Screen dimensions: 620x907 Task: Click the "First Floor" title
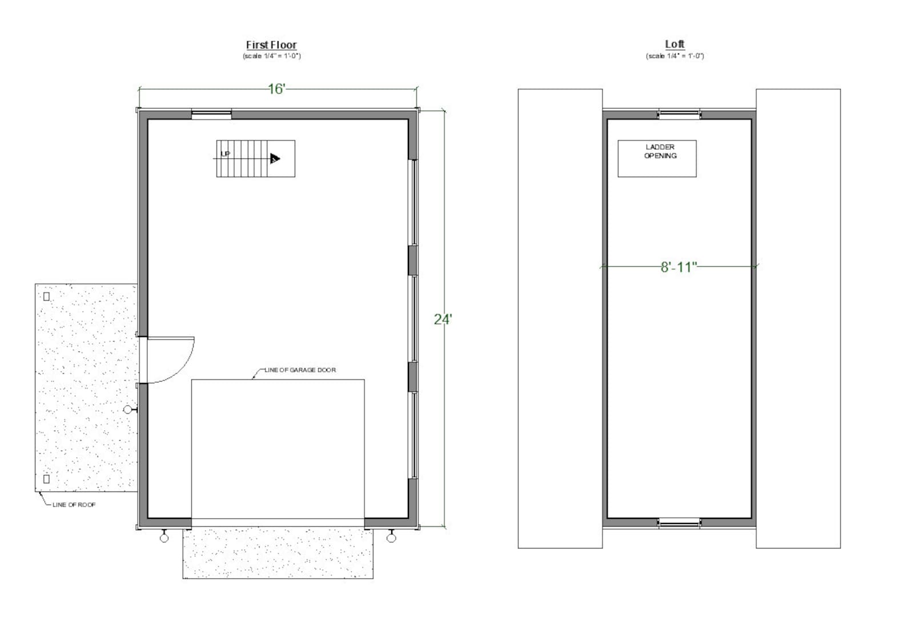tap(271, 45)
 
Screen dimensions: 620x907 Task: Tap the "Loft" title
tap(675, 44)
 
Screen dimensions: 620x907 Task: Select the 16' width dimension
tap(276, 89)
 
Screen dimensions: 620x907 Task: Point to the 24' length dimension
tap(442, 319)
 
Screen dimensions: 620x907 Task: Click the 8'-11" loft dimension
tap(679, 267)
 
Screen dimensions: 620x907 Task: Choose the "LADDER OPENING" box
tap(657, 158)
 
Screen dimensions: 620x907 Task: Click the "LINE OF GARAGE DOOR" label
tap(300, 370)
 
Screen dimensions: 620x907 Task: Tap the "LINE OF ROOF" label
tap(74, 505)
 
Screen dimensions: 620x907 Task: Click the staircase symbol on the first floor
tap(255, 158)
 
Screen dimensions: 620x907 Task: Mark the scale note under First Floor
tap(271, 56)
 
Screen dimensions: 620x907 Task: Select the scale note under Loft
tap(675, 56)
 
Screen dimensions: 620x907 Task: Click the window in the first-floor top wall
tap(211, 114)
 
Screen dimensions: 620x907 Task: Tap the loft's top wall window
tap(679, 114)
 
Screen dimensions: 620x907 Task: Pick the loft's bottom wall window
tap(679, 522)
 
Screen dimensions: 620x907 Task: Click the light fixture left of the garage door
tap(164, 538)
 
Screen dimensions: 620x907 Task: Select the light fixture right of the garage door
tap(391, 538)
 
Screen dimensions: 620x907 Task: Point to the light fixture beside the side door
tap(128, 410)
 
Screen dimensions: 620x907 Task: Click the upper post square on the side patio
tap(47, 296)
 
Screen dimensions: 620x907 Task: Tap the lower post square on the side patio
tap(47, 479)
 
